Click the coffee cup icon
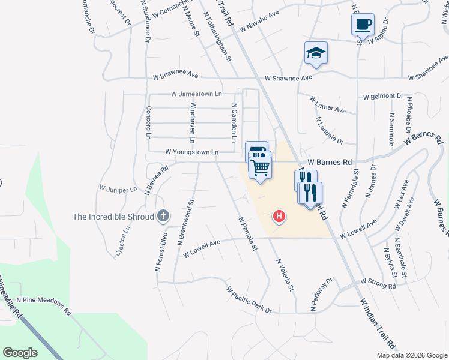(x=363, y=25)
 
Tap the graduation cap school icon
(x=316, y=53)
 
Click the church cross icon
(x=163, y=216)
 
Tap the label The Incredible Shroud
(x=113, y=217)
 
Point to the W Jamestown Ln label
(x=196, y=94)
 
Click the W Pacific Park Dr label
(x=249, y=300)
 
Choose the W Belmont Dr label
(x=383, y=96)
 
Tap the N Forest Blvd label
(x=162, y=241)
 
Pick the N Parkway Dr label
(x=321, y=295)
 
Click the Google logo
(x=20, y=352)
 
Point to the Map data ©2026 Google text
(x=411, y=355)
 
